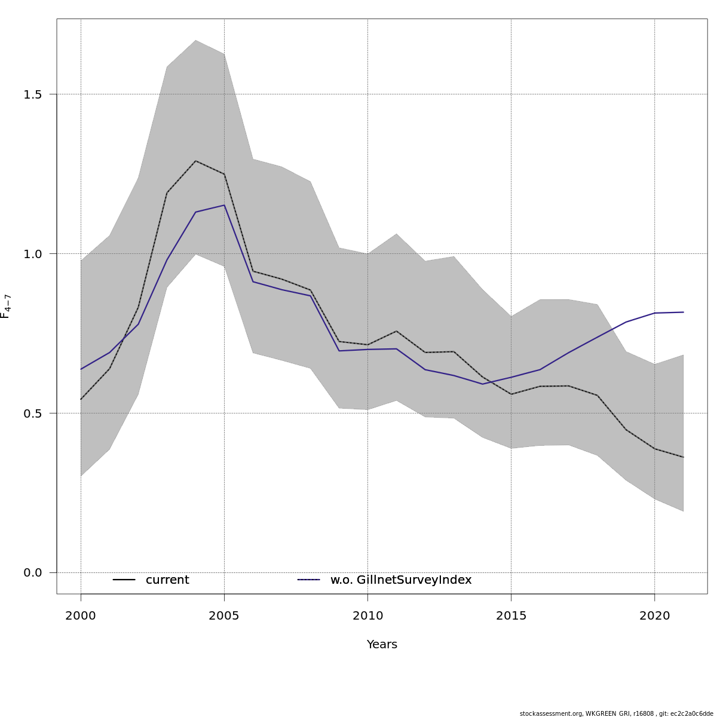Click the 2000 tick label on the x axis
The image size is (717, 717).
click(81, 616)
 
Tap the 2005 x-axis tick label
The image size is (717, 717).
click(224, 616)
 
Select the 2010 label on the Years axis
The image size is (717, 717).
click(367, 616)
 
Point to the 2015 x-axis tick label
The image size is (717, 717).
click(511, 616)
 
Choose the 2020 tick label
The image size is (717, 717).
click(655, 616)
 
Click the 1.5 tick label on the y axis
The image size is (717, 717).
click(33, 94)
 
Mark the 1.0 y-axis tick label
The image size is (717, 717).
click(33, 254)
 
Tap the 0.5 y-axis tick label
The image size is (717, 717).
click(33, 413)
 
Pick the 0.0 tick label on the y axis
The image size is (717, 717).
click(33, 573)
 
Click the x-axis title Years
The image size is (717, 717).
click(382, 645)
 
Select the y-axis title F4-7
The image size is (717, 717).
click(6, 306)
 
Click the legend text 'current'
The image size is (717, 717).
click(167, 580)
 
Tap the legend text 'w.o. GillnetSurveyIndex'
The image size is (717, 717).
click(401, 580)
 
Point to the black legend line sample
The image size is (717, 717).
click(124, 580)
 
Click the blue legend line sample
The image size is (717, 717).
click(309, 580)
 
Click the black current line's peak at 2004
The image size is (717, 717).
click(195, 161)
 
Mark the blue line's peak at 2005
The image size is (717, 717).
click(224, 206)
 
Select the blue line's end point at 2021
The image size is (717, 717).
click(683, 312)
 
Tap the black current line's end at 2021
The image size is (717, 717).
click(683, 457)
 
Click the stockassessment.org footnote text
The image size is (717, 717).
click(616, 713)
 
